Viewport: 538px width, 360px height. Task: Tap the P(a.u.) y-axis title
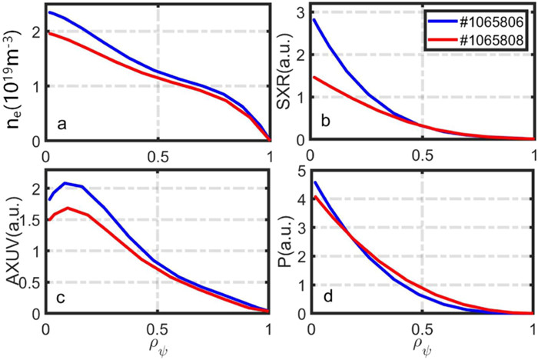(x=286, y=245)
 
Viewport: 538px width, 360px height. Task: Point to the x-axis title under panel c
(x=157, y=345)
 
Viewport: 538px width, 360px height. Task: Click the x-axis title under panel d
(x=420, y=345)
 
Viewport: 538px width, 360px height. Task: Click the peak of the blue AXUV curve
(x=66, y=183)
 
